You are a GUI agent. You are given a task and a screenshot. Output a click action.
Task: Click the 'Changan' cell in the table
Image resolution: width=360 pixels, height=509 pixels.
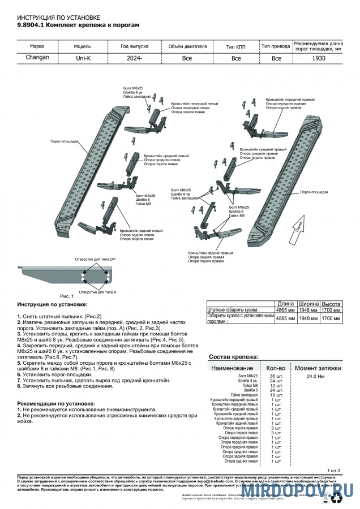37,58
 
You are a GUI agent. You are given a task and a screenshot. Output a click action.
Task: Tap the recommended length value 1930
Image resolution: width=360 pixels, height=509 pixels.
319,58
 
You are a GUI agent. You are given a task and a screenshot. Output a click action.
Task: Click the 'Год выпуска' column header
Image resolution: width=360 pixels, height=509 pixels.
134,46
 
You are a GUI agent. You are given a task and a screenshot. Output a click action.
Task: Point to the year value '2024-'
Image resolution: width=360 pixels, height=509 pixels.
134,58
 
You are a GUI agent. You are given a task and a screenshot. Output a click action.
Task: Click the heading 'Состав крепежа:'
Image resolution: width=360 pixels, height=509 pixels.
234,357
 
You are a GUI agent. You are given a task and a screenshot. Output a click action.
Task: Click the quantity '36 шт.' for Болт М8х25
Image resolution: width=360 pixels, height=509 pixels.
276,376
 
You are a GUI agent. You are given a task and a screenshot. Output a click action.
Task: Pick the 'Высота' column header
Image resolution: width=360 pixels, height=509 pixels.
331,304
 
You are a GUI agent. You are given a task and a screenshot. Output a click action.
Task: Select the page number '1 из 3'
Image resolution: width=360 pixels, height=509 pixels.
333,470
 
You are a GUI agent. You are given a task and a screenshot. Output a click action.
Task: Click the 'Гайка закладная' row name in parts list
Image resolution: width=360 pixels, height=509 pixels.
245,395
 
